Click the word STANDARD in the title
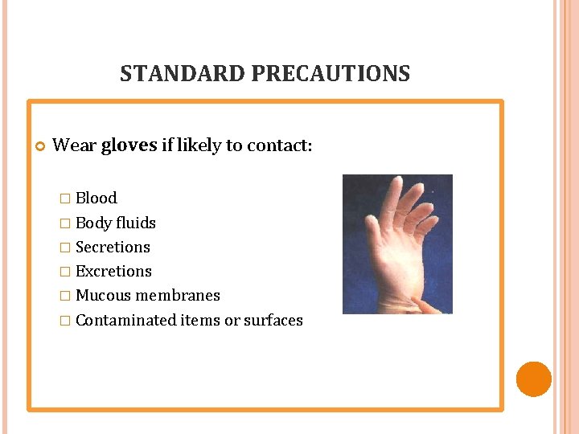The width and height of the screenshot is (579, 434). click(183, 74)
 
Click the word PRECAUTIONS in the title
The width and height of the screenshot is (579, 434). click(331, 74)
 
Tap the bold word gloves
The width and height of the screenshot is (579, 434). click(129, 145)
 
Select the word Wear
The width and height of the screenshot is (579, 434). click(74, 145)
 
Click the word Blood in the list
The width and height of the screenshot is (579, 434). click(96, 198)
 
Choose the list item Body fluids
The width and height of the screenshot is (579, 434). click(115, 223)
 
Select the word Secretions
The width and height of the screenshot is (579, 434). click(113, 247)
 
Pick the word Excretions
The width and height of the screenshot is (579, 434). click(113, 271)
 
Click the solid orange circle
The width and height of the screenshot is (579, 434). click(533, 379)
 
